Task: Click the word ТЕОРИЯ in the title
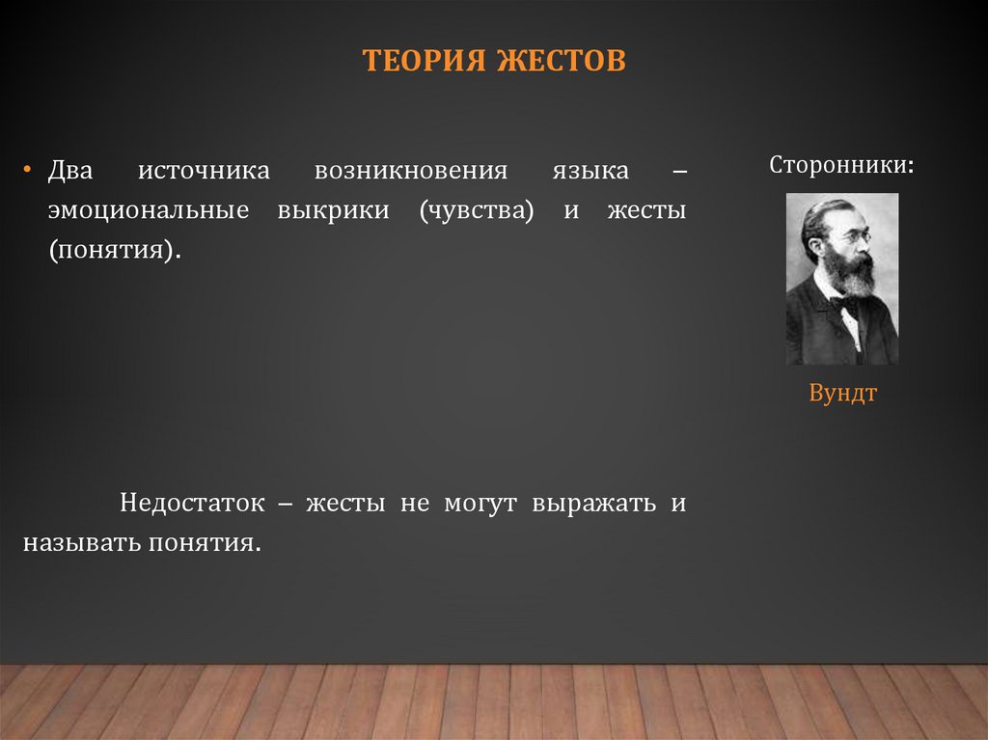click(x=425, y=62)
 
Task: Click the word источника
click(x=204, y=172)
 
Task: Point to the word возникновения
click(x=410, y=172)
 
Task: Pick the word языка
click(x=590, y=172)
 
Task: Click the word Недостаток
click(x=192, y=503)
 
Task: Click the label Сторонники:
click(x=842, y=164)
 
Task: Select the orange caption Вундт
click(x=842, y=394)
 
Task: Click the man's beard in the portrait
click(x=850, y=273)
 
